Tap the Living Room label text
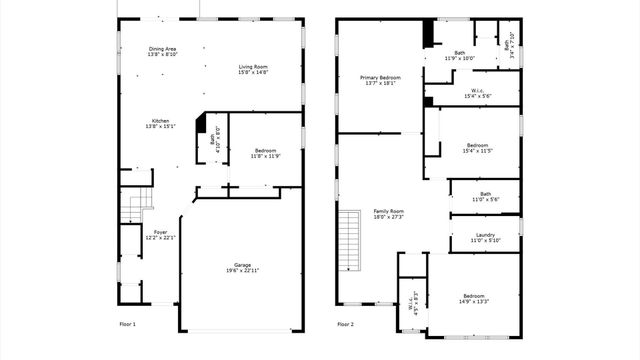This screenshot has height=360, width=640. (x=252, y=67)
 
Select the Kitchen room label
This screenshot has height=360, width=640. (x=161, y=121)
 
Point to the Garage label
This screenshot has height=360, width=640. (x=242, y=265)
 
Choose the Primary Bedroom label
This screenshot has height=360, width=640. (x=381, y=77)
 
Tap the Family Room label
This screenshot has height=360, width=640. (x=388, y=211)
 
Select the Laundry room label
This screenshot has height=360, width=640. (x=485, y=236)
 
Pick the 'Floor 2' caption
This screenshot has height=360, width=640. (x=345, y=325)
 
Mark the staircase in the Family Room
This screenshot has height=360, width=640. (x=349, y=240)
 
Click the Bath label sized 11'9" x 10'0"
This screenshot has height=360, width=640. (x=459, y=56)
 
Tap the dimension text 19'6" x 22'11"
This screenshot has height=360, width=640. (x=242, y=271)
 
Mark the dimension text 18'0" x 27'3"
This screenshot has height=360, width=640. (x=388, y=217)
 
